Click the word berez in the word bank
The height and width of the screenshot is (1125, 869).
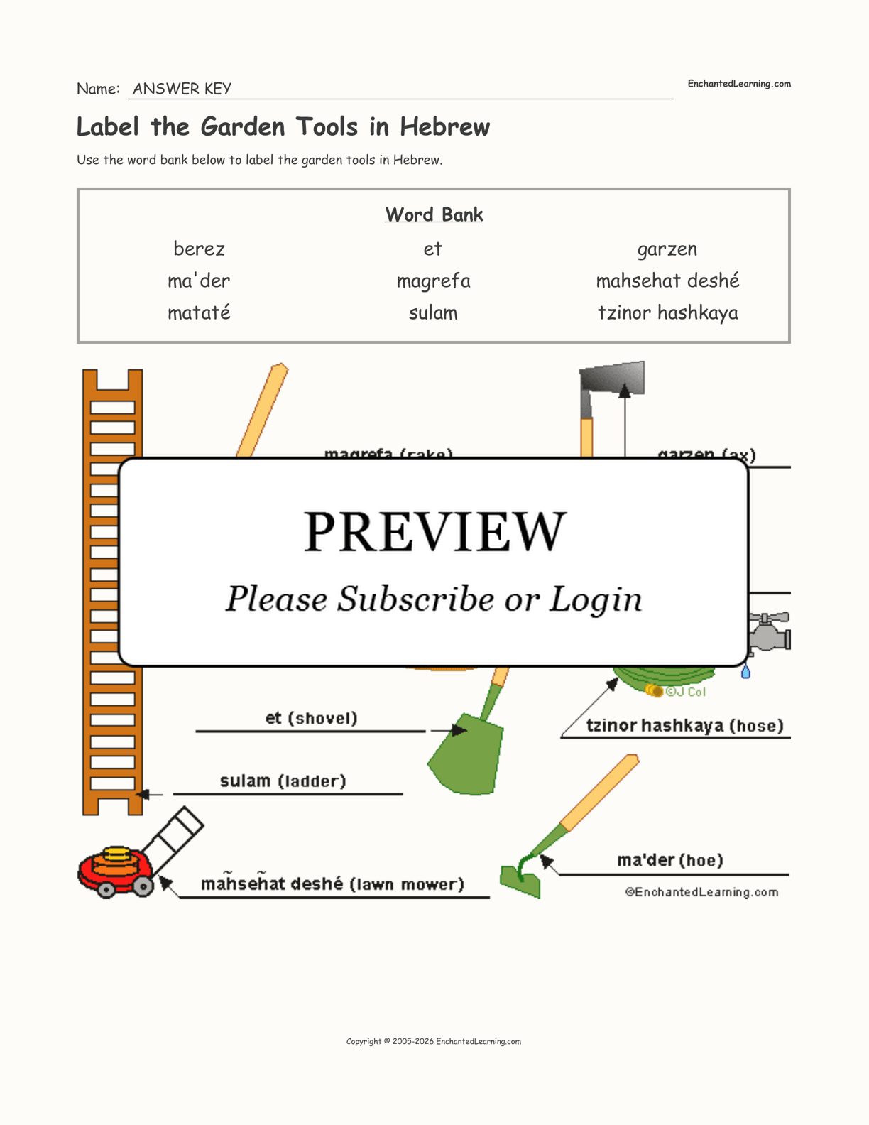199,249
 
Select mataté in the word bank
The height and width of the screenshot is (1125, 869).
199,313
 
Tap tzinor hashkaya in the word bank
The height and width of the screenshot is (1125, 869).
667,313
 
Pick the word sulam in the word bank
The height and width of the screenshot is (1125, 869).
433,313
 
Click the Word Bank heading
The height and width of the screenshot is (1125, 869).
434,214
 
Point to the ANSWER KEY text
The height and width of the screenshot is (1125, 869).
182,89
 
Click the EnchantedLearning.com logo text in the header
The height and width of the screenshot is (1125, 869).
738,84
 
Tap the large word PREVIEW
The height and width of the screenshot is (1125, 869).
434,531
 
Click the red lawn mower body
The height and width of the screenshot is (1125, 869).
114,868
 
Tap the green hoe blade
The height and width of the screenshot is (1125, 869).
520,881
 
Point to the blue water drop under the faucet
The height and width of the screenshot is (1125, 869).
745,672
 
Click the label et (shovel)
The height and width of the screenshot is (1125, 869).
312,718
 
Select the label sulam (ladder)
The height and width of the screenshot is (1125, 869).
283,781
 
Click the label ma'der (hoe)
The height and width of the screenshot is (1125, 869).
669,861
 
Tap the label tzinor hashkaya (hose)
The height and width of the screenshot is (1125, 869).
684,726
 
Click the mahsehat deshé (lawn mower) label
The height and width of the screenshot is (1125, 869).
332,884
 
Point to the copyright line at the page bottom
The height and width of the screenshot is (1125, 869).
433,1041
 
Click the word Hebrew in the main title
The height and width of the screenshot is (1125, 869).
444,127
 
